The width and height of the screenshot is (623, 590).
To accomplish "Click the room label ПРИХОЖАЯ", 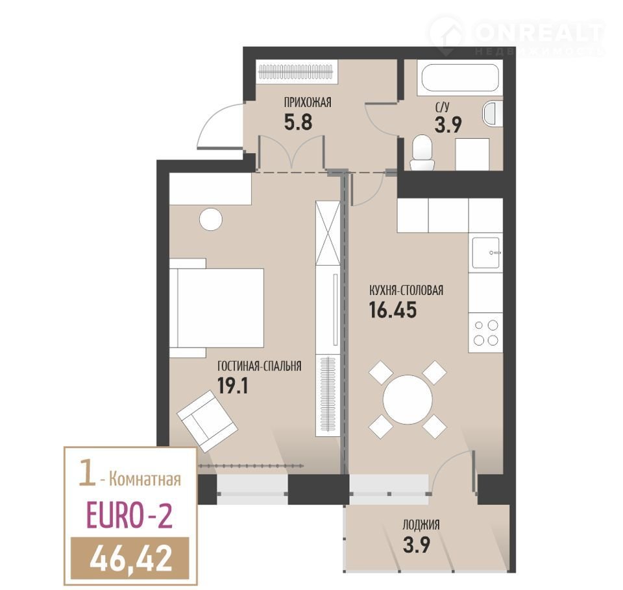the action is [307, 102].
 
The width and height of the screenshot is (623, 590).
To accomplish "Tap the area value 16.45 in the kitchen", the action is [393, 310].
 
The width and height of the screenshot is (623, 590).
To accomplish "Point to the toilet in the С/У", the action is [422, 152].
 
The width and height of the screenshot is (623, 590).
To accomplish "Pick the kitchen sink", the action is [485, 252].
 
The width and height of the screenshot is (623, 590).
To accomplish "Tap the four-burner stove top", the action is [485, 333].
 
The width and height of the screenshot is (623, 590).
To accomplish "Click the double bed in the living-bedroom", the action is [217, 308].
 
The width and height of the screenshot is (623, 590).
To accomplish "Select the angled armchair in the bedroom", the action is [207, 421].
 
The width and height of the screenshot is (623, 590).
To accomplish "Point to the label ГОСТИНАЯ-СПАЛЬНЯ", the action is [259, 366].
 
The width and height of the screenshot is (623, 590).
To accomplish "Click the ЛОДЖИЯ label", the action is [421, 525].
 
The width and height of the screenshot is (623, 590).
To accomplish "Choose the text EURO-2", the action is [130, 515].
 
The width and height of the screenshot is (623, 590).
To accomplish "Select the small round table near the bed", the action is [210, 220].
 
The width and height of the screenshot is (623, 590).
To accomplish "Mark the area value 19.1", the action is [233, 385].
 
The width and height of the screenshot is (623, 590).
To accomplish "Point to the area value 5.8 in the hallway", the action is [298, 122].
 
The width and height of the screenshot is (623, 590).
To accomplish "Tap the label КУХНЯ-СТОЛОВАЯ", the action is [406, 290].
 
